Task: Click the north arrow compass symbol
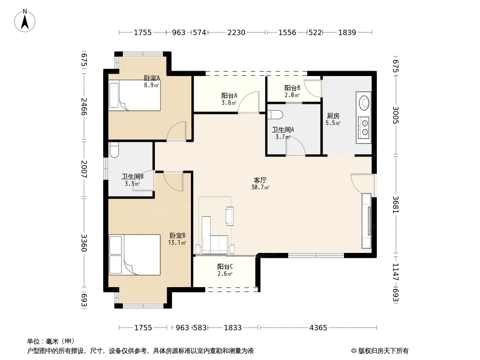pyautogui.click(x=25, y=20)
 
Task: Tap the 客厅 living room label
pyautogui.click(x=260, y=180)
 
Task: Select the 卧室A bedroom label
pyautogui.click(x=152, y=78)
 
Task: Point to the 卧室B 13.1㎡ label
pyautogui.click(x=177, y=239)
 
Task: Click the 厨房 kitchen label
pyautogui.click(x=333, y=116)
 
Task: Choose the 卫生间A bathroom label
pyautogui.click(x=283, y=130)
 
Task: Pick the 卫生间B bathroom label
pyautogui.click(x=132, y=176)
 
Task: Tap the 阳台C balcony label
pyautogui.click(x=225, y=266)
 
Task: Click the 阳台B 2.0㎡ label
pyautogui.click(x=292, y=91)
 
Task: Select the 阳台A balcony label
pyautogui.click(x=229, y=95)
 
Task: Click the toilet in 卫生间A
pyautogui.click(x=275, y=115)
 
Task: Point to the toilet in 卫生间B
pyautogui.click(x=114, y=150)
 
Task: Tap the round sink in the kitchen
pyautogui.click(x=364, y=103)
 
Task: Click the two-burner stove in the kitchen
pyautogui.click(x=364, y=128)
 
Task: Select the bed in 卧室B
pyautogui.click(x=135, y=255)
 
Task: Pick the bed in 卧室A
pyautogui.click(x=135, y=95)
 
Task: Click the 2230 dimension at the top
pyautogui.click(x=236, y=32)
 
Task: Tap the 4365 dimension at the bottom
pyautogui.click(x=318, y=328)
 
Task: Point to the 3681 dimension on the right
pyautogui.click(x=396, y=205)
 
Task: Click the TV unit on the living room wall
pyautogui.click(x=367, y=220)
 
